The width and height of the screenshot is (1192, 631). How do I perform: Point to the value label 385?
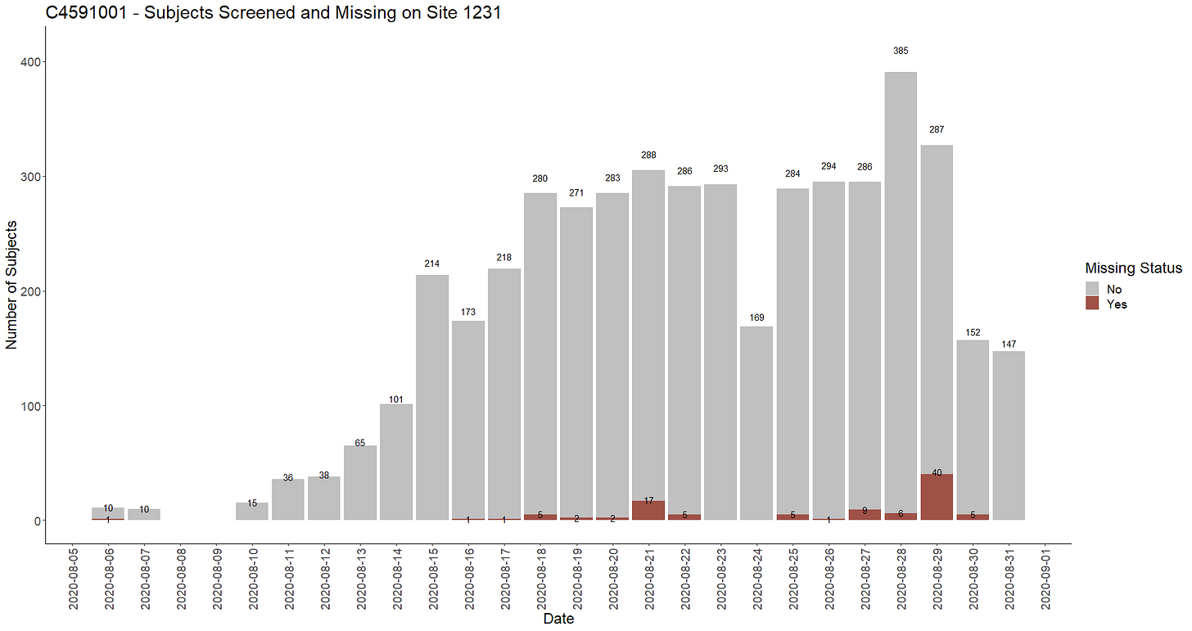point(901,51)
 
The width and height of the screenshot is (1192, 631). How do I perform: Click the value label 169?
point(756,318)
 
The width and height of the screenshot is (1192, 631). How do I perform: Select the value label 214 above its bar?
point(432,264)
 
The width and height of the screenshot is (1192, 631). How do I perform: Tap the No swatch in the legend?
point(1093,289)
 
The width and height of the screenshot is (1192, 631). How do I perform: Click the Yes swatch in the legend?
point(1093,304)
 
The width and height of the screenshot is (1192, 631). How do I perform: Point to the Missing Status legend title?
point(1133,268)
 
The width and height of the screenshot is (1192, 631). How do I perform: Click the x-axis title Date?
point(558,620)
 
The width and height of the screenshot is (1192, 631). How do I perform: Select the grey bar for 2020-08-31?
point(1009,434)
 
